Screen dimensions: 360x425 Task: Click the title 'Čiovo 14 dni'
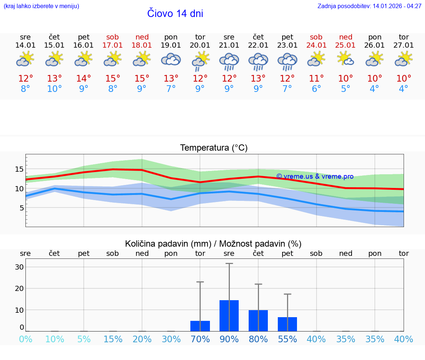click(175, 14)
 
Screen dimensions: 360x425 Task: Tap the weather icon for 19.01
click(171, 59)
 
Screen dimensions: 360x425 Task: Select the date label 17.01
click(113, 45)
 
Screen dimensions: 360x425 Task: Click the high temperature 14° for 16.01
click(84, 79)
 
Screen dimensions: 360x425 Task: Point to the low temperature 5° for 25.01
click(345, 89)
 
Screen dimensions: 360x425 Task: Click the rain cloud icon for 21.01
click(229, 61)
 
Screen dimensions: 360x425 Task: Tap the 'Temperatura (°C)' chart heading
click(214, 148)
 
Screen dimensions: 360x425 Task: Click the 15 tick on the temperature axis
click(19, 169)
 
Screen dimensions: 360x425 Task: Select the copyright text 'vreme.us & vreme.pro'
click(315, 176)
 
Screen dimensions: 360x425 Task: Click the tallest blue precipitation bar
click(229, 316)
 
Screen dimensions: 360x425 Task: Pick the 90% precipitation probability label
click(229, 339)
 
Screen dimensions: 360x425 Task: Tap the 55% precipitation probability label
click(287, 339)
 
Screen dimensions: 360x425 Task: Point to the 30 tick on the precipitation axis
click(19, 267)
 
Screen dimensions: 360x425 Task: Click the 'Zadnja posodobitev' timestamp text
click(369, 6)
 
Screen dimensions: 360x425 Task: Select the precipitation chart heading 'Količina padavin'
click(213, 244)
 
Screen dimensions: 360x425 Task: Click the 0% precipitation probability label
click(25, 339)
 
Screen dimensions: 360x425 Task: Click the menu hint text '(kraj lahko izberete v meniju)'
click(41, 6)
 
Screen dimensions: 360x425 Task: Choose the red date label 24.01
click(316, 45)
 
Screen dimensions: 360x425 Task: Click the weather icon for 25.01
click(345, 59)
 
